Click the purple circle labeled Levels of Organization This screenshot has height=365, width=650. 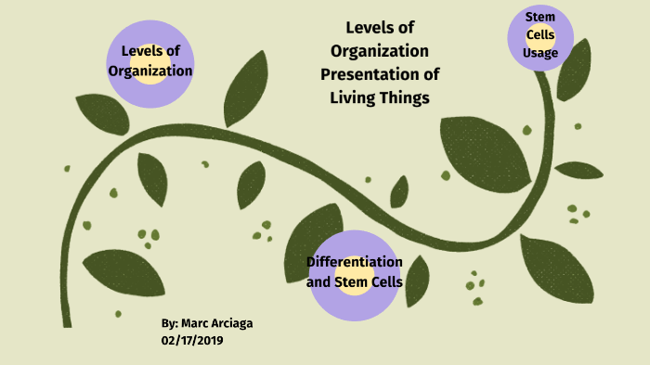[x=149, y=62]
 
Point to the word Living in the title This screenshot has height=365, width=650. [x=357, y=97]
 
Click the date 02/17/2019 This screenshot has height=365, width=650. [x=192, y=341]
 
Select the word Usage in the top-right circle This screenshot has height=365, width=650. [x=540, y=53]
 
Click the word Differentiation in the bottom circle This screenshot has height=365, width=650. [x=354, y=262]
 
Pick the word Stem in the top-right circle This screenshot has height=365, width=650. [x=540, y=18]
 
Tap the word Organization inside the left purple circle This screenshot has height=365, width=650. [x=150, y=71]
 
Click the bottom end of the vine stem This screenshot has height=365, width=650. [x=66, y=321]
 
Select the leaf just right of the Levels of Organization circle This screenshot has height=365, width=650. [x=245, y=89]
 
